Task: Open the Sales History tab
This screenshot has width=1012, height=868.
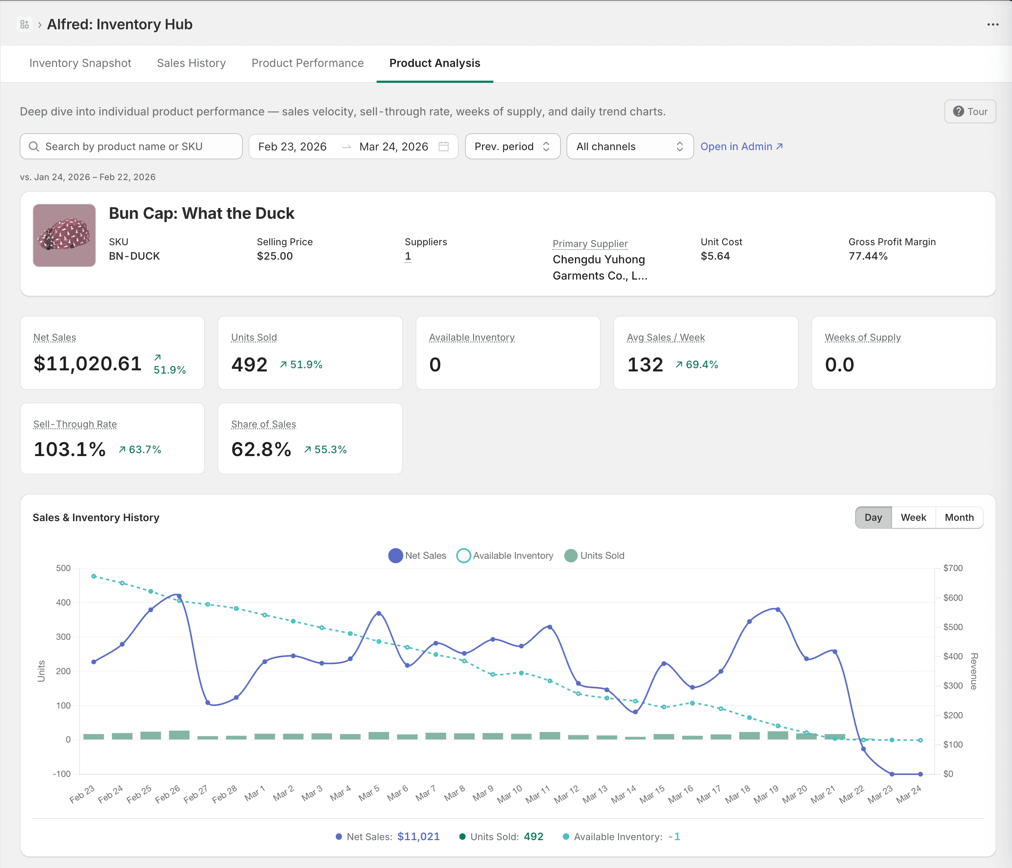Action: pos(191,63)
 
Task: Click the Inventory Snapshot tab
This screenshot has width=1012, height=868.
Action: pos(80,63)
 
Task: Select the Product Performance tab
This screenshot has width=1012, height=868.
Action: pos(307,63)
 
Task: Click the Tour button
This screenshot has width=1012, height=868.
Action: pos(970,111)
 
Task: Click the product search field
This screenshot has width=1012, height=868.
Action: pos(131,146)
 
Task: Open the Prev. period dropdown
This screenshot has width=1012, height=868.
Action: pos(512,146)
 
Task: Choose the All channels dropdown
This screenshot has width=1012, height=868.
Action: pos(629,146)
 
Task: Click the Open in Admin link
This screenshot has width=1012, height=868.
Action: pos(741,146)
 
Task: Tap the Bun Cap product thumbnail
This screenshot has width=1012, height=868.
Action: pos(64,235)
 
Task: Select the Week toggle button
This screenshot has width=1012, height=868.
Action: pos(913,518)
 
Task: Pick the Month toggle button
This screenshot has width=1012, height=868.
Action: pos(959,518)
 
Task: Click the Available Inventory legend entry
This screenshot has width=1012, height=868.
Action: pos(506,556)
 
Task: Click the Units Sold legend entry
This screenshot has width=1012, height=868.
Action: pos(595,556)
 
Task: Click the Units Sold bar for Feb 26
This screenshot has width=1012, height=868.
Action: pos(179,735)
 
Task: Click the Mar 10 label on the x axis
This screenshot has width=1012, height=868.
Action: pos(510,794)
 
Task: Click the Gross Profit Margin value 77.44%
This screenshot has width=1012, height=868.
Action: pos(868,256)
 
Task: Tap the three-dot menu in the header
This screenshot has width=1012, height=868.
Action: pos(992,25)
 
